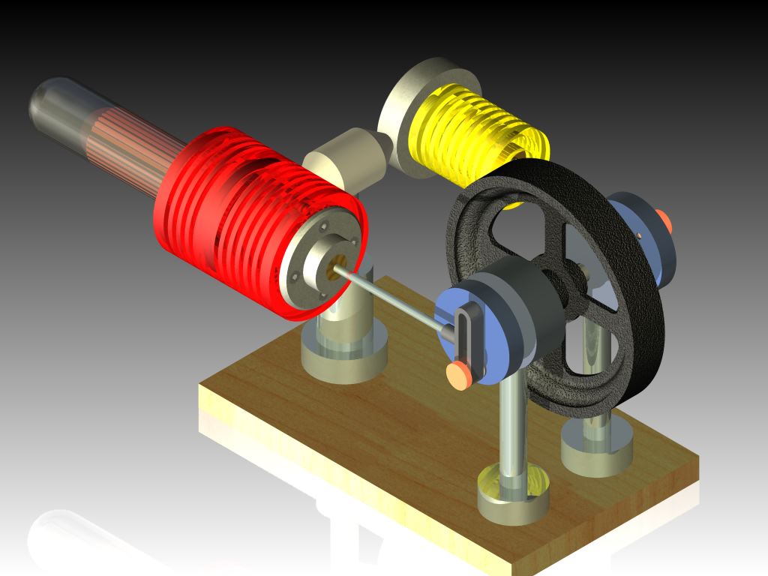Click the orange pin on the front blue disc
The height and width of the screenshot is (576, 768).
pos(458,373)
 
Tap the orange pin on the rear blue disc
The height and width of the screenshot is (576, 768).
pos(663,220)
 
